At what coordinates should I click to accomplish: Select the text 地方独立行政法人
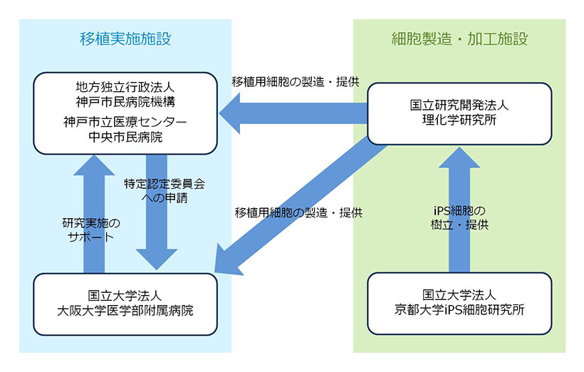(x=125, y=87)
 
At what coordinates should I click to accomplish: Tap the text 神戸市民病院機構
(x=125, y=100)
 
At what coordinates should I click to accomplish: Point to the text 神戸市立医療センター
(x=125, y=122)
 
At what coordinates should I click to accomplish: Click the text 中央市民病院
(x=125, y=136)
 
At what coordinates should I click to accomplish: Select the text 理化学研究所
(x=459, y=119)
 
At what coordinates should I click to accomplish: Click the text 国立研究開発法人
(x=459, y=105)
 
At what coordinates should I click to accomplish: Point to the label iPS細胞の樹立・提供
(x=459, y=217)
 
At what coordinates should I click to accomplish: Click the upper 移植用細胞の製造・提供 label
(x=294, y=81)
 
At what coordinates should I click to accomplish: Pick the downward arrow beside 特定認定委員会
(x=157, y=235)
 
